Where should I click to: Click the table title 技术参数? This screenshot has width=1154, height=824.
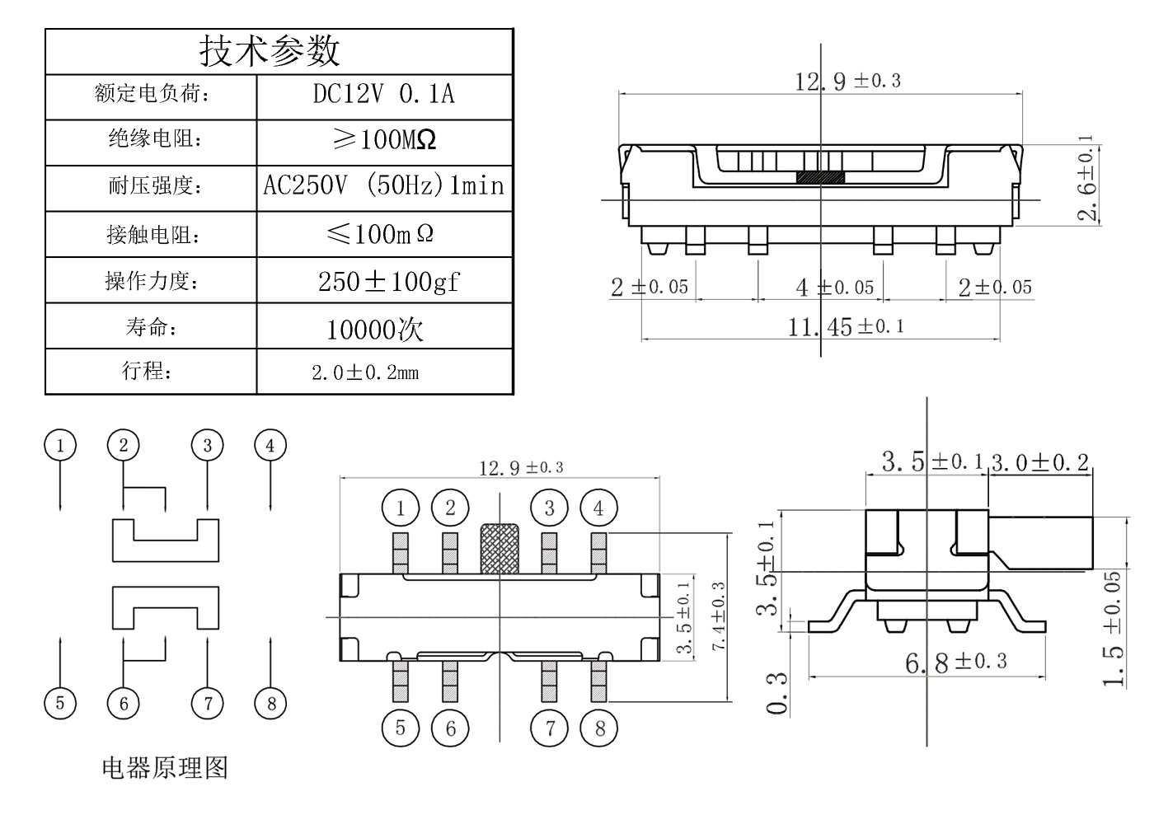(270, 51)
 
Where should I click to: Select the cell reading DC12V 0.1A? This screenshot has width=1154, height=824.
(383, 94)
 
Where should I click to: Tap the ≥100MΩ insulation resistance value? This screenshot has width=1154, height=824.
(383, 139)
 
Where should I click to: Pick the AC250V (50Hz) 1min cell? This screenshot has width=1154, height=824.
(383, 185)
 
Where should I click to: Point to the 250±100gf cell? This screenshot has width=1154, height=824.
(388, 281)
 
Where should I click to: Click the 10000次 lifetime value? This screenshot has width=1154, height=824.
(375, 330)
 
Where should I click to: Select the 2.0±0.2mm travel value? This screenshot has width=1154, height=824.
(365, 372)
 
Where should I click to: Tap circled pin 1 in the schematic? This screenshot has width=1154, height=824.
(60, 446)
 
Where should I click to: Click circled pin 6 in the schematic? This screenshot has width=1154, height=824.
(124, 703)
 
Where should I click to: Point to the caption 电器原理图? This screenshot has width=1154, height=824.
(164, 768)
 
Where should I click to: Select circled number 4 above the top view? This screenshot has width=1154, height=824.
(598, 508)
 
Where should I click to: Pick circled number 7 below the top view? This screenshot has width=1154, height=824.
(550, 728)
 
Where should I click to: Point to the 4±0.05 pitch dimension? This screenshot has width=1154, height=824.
(834, 288)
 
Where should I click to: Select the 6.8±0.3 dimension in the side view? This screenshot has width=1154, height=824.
(956, 662)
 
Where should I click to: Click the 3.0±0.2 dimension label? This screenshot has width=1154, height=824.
(1039, 462)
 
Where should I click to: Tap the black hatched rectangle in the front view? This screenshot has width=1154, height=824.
(820, 177)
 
